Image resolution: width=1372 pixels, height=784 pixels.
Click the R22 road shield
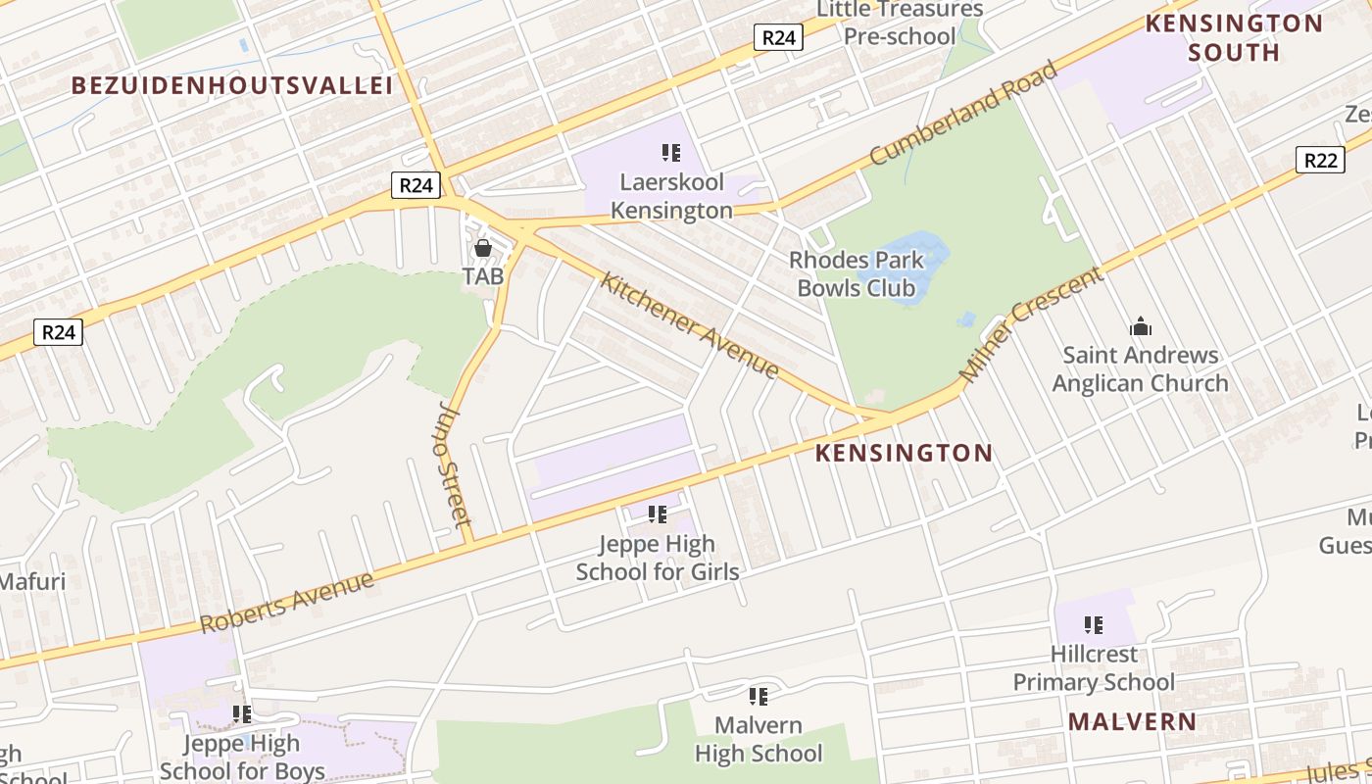coord(1319,160)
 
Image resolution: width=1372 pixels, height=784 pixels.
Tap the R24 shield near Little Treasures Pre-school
coord(778,37)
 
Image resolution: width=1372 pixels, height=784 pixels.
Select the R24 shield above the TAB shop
coord(416,185)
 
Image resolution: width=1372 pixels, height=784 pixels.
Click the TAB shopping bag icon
coord(483,248)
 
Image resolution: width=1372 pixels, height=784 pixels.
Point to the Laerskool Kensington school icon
coord(671,152)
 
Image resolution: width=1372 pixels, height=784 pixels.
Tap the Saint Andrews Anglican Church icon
coord(1140,326)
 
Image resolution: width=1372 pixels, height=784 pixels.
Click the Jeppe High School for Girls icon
coord(658,514)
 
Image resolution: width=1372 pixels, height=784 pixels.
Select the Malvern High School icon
coord(758,696)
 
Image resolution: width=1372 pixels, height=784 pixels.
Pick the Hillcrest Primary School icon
coord(1094,624)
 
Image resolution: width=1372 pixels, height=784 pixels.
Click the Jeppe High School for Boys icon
coord(241,714)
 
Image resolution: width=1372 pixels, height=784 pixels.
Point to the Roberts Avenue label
coord(287,602)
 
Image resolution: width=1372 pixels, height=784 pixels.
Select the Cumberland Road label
coord(963,113)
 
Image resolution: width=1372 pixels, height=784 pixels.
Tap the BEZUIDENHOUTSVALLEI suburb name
coord(232,85)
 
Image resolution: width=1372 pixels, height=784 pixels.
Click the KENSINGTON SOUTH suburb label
coord(1234,37)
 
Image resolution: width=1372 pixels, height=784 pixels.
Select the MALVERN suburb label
coord(1132,722)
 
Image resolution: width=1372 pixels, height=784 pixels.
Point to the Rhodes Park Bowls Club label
coord(857,274)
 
